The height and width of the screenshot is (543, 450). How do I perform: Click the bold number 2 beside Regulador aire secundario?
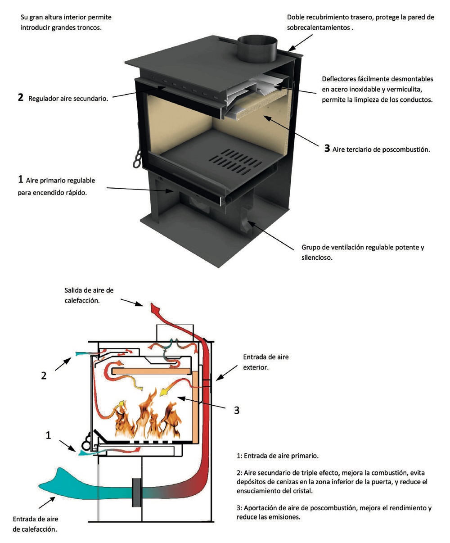click(21, 97)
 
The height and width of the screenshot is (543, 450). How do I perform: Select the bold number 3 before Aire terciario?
click(327, 148)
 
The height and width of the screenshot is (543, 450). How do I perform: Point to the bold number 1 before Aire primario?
click(20, 179)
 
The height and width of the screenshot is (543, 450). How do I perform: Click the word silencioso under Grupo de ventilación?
click(317, 258)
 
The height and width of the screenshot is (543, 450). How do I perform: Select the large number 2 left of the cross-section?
click(44, 376)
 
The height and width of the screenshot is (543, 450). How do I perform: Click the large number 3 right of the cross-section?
click(237, 410)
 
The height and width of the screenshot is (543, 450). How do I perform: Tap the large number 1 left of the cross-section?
click(49, 435)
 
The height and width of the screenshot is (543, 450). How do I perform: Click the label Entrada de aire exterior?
click(265, 362)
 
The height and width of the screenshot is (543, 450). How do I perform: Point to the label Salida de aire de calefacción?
click(89, 295)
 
